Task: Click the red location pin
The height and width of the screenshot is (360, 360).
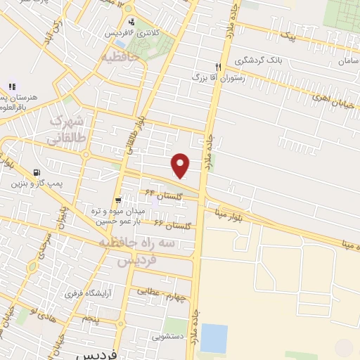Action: click(x=181, y=165)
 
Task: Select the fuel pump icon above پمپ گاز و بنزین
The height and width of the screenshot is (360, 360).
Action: click(x=37, y=172)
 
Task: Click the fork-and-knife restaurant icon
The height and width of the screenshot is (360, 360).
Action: click(x=219, y=67)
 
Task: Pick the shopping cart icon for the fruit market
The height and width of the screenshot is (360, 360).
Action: click(x=119, y=200)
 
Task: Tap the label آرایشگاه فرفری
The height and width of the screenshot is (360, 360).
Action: click(x=88, y=292)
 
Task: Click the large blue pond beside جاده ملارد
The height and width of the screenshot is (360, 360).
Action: click(x=214, y=338)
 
